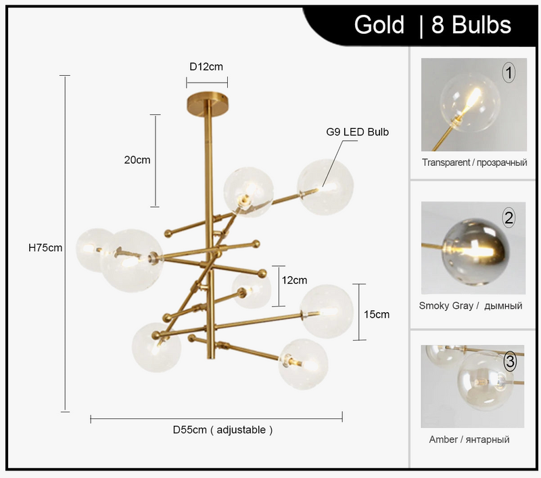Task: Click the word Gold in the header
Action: tap(379, 25)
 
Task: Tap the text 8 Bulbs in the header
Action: tap(471, 25)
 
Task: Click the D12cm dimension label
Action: tap(206, 66)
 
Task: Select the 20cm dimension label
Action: tap(137, 160)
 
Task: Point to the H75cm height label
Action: tap(45, 248)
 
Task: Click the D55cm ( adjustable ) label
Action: tap(222, 430)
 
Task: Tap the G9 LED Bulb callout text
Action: tap(358, 132)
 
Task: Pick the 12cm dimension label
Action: tap(294, 280)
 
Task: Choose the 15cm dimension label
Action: tap(377, 314)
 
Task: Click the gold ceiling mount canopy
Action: tap(207, 103)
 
